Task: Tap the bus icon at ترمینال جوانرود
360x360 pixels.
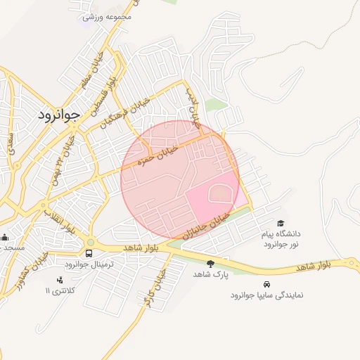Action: click(x=89, y=253)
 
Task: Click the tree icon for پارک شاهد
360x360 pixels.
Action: click(x=210, y=264)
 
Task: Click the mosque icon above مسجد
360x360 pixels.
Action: click(x=5, y=238)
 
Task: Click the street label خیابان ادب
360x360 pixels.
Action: click(x=192, y=106)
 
